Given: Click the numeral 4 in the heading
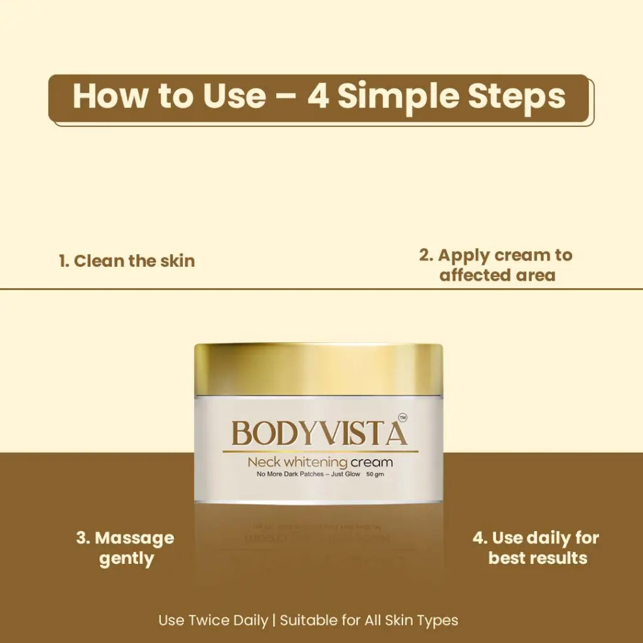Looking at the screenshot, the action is click(x=318, y=96).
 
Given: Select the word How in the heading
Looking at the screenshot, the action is click(x=111, y=96).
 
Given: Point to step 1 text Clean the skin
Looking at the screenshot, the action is click(x=127, y=261).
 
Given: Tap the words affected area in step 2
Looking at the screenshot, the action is click(x=497, y=275).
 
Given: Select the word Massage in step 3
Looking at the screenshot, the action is click(x=134, y=538).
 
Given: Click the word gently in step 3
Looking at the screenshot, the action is click(x=126, y=559).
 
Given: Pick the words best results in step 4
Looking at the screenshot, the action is click(x=538, y=558).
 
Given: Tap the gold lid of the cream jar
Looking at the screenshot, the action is click(x=318, y=370).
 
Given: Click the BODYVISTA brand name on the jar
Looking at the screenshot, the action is click(x=320, y=433).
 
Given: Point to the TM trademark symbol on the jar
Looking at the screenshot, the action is click(x=403, y=418).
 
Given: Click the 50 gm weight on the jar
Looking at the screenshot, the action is click(x=376, y=475).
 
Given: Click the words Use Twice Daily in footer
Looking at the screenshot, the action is click(x=213, y=620).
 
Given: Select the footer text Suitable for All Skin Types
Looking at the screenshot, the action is click(x=369, y=620).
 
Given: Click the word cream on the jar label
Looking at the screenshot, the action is click(x=372, y=463).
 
